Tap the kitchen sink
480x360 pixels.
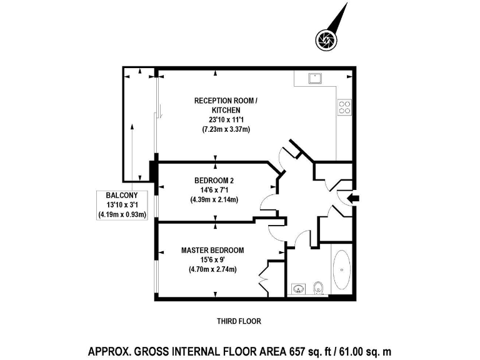314,78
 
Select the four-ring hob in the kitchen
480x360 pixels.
344,107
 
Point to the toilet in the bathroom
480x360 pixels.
319,288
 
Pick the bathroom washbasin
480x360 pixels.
298,289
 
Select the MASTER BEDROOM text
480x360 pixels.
212,250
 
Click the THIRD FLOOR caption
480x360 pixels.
238,321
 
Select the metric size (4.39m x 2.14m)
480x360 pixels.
214,200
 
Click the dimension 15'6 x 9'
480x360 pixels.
212,260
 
